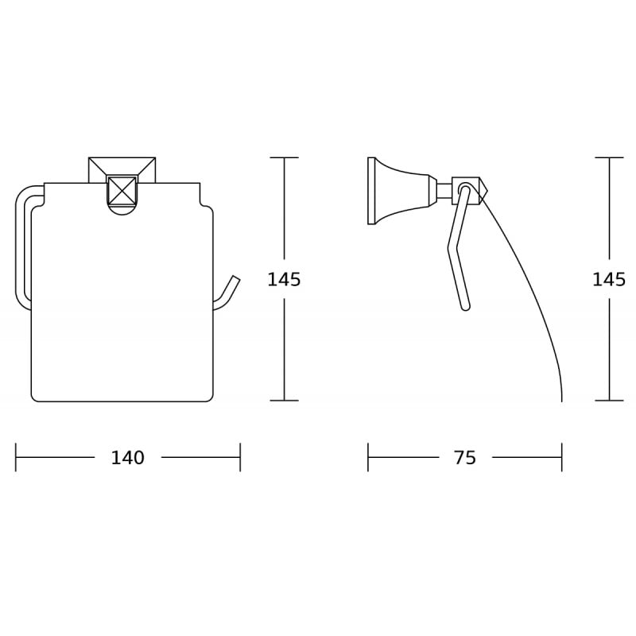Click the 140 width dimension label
click(x=127, y=458)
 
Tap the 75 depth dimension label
click(x=465, y=458)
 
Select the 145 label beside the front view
click(x=284, y=280)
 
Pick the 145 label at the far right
click(x=609, y=280)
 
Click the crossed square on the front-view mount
click(x=122, y=191)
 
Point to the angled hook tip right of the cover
click(x=234, y=281)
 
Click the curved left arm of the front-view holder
click(x=21, y=246)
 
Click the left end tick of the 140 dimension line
click(x=16, y=458)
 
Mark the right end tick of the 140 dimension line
click(x=240, y=458)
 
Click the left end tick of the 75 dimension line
click(x=368, y=458)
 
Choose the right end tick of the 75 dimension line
click(x=561, y=458)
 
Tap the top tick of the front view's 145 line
click(x=284, y=157)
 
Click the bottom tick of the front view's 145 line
click(x=284, y=401)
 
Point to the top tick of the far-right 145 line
click(x=610, y=157)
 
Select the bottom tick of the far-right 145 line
click(x=610, y=401)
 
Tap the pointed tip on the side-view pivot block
click(x=486, y=191)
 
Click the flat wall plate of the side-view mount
click(x=371, y=191)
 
